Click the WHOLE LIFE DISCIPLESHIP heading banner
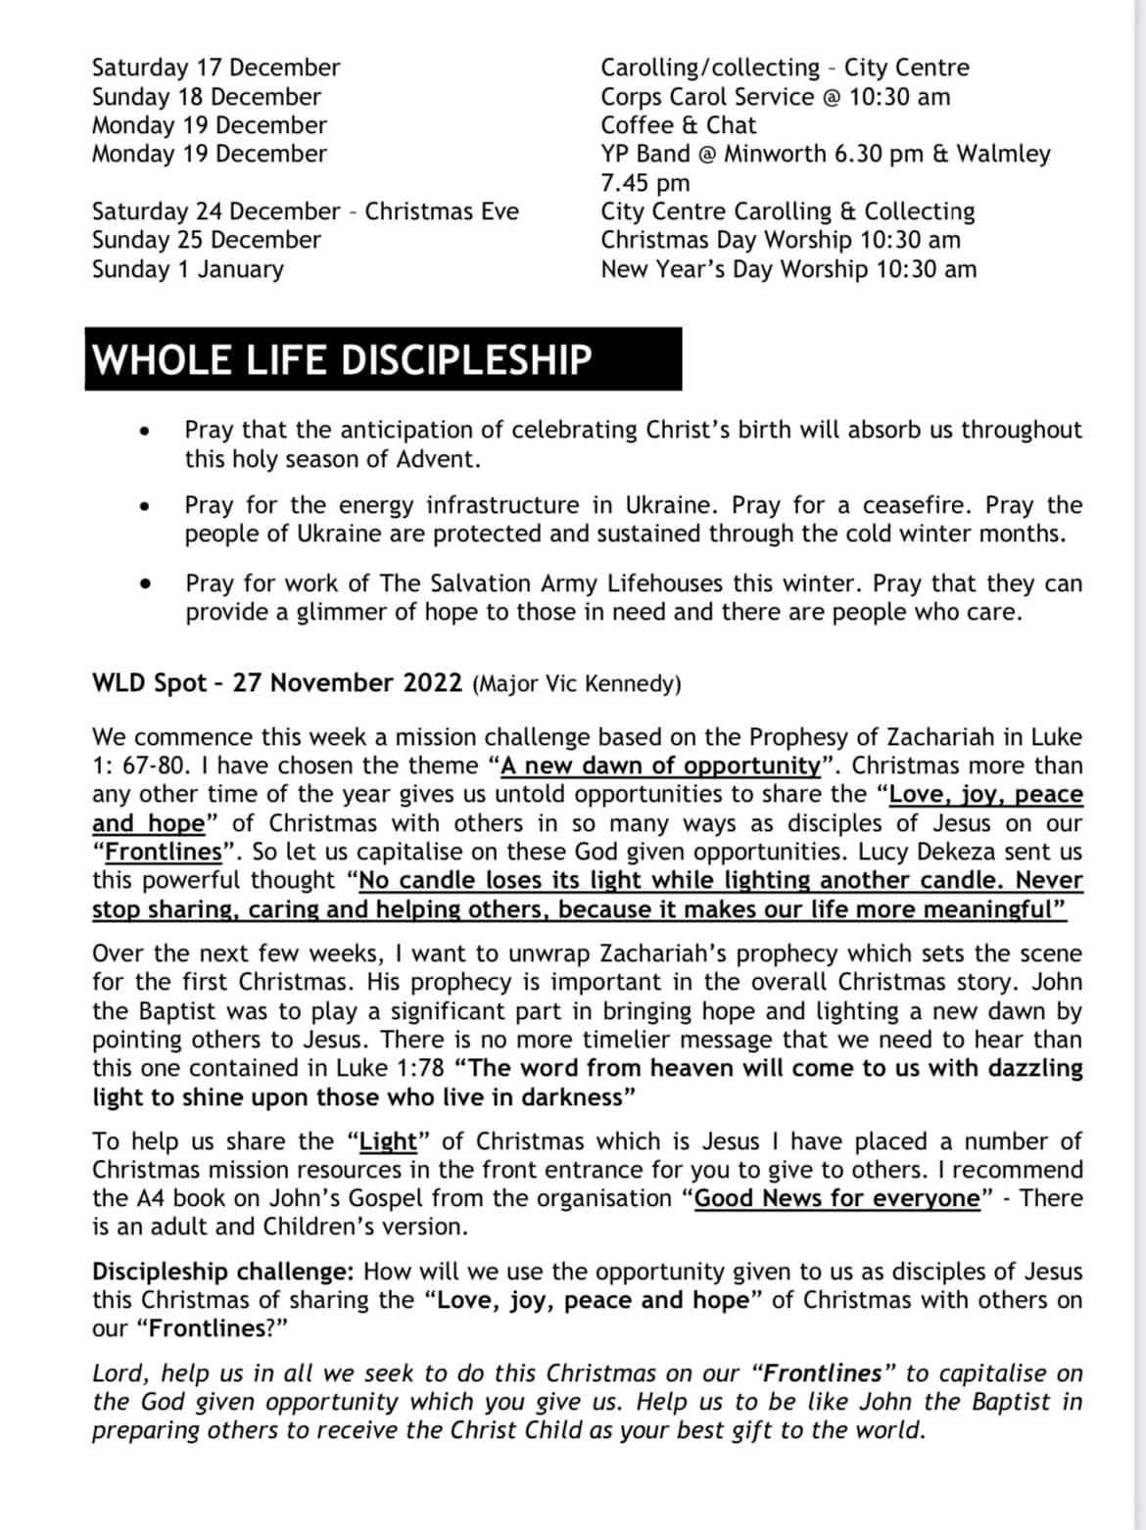tap(383, 359)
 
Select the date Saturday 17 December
tap(215, 68)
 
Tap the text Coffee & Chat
tap(678, 125)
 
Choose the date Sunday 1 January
tap(187, 269)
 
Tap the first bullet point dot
tap(146, 431)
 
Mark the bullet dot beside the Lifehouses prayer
tap(146, 584)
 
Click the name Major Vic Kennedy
tap(576, 683)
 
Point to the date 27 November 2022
tap(347, 682)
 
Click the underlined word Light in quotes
tap(389, 1141)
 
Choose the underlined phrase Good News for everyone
tap(836, 1198)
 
